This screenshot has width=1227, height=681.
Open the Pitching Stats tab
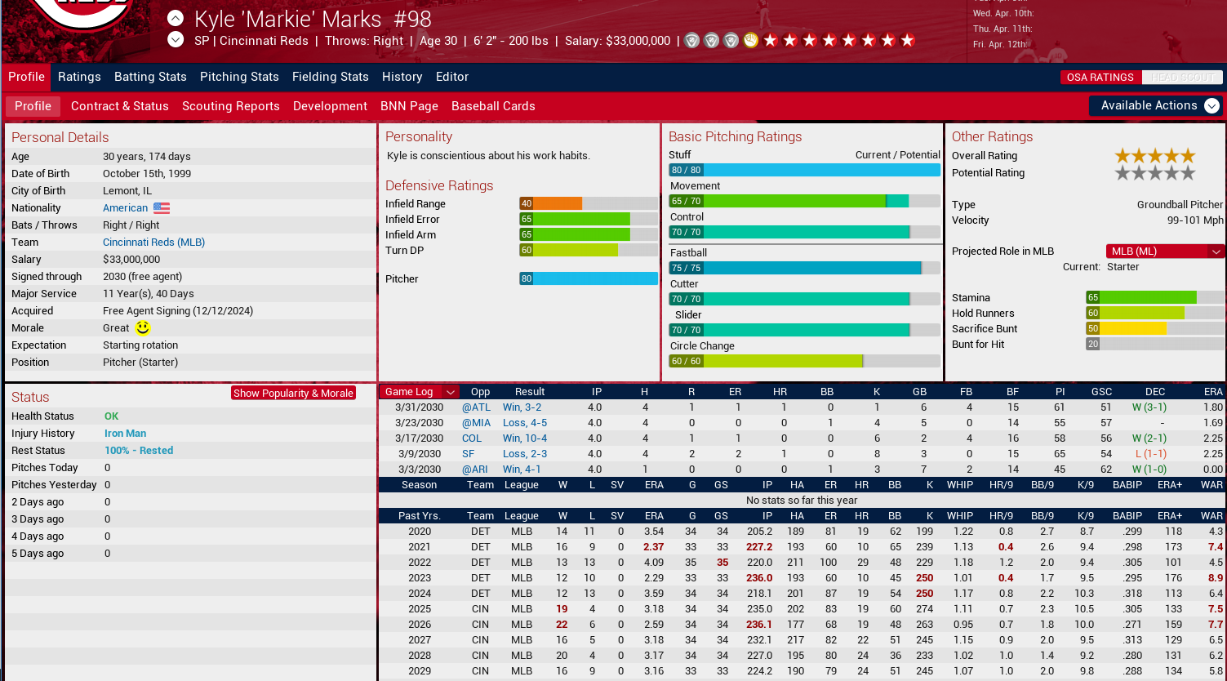(239, 77)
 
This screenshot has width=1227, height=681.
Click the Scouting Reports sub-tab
(230, 106)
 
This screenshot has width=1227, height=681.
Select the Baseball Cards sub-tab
(493, 106)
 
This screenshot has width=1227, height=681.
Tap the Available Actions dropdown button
(1155, 106)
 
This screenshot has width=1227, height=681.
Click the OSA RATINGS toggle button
(1100, 78)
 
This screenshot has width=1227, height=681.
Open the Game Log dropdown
(419, 392)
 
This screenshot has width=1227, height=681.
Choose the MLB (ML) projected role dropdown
(1165, 251)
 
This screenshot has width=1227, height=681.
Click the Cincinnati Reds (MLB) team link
(153, 243)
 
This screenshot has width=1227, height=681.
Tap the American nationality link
(125, 208)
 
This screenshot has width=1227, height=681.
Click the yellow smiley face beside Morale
(143, 328)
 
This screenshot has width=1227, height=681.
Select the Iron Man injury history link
(125, 434)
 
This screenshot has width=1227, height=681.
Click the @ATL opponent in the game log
(476, 407)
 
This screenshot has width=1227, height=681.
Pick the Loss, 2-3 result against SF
(524, 454)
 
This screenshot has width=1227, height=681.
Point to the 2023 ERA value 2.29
(653, 578)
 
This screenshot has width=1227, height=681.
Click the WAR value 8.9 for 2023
(1215, 578)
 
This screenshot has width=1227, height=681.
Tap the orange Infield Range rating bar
(551, 204)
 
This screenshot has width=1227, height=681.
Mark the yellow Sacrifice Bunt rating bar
(1127, 329)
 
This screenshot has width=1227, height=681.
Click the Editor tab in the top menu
(452, 77)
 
